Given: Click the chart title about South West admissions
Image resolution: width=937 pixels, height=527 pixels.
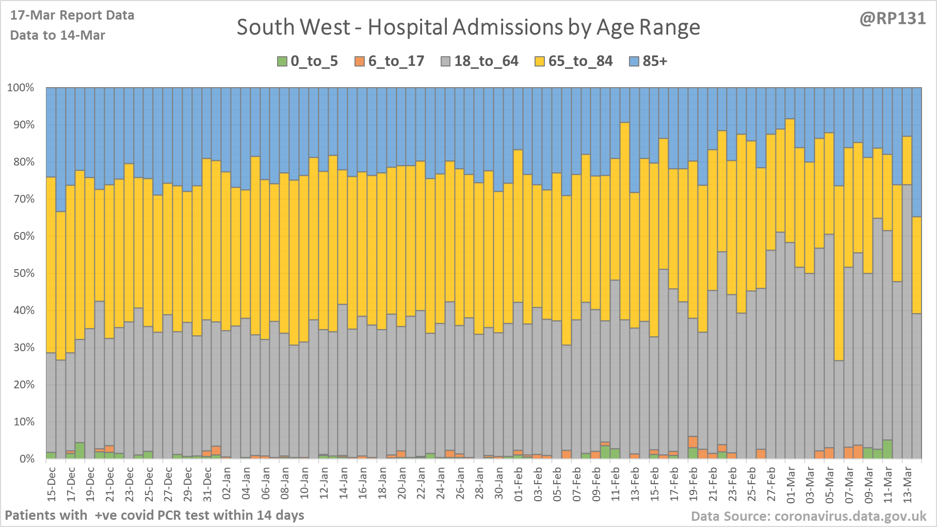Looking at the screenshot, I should pos(468,27).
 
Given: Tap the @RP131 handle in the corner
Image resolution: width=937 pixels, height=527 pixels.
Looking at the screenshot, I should pos(892,19).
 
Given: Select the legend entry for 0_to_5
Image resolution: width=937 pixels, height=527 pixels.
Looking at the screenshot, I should pos(308,61).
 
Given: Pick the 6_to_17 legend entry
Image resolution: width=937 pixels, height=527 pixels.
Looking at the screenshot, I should pos(390,61).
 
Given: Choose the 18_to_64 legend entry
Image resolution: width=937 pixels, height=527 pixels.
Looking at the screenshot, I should pos(479,61).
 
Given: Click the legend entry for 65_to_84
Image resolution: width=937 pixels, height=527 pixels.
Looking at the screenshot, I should pos(573,61).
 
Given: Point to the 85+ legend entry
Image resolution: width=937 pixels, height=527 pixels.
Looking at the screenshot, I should pos(649,61).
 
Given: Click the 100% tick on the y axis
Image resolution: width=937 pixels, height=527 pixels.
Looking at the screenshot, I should pos(21,88).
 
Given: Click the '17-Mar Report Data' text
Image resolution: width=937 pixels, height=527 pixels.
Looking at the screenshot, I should pos(72,15).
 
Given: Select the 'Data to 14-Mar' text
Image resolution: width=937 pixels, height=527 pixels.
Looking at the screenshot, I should pos(58,36).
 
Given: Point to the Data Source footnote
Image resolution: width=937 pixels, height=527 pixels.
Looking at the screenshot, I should pos(809,516).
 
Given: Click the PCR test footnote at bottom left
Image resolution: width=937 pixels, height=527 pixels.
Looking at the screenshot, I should pos(154,515).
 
